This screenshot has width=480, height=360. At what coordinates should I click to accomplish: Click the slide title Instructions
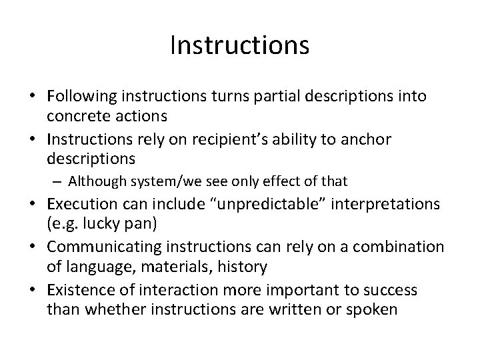pyautogui.click(x=239, y=45)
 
